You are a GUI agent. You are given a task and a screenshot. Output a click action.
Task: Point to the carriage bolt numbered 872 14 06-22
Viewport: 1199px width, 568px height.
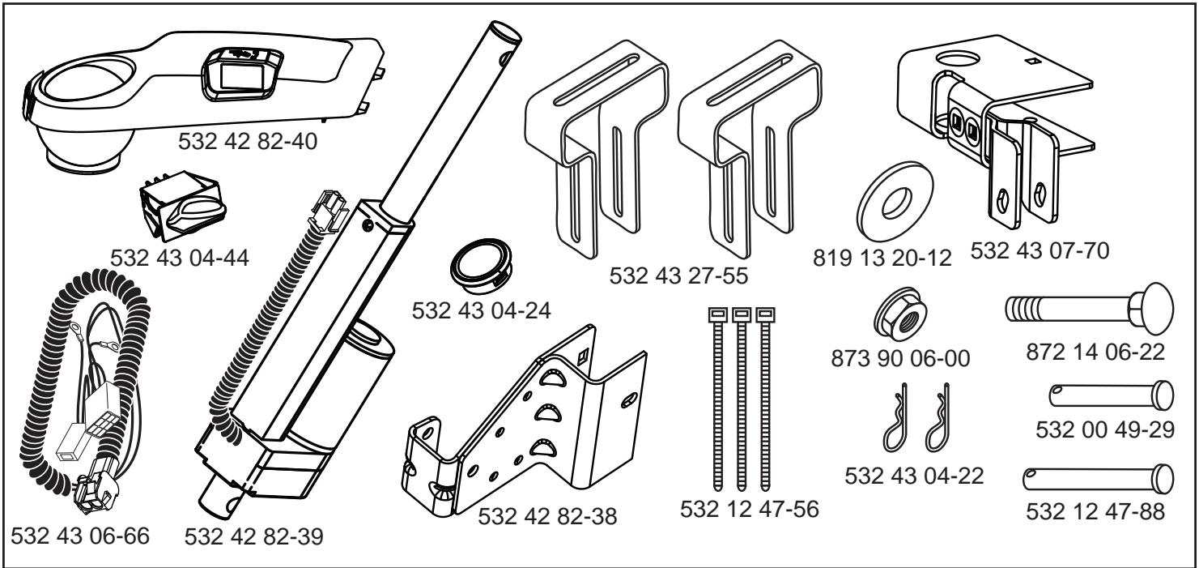coord(1073,309)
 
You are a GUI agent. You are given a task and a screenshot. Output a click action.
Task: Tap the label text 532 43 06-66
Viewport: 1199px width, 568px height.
coord(80,537)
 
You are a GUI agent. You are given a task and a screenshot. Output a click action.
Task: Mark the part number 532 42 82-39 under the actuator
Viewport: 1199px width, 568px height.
coord(255,537)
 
